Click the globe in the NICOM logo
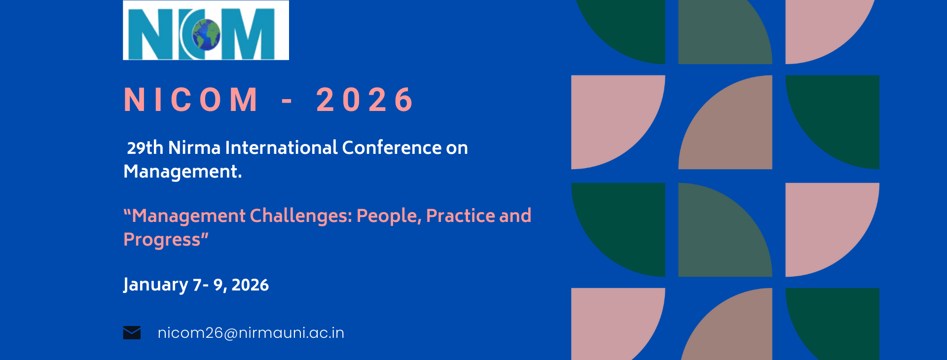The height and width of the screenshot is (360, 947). point(206,35)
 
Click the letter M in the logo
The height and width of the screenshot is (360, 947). point(248,34)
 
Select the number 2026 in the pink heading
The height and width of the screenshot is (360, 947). point(365,100)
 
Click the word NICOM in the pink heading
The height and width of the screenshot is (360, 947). point(191,100)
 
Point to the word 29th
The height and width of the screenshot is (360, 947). point(145,147)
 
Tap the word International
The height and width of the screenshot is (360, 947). point(282,147)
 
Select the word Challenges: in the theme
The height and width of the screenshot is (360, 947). point(301,216)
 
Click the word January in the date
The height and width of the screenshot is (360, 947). point(156,285)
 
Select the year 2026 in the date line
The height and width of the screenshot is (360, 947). point(250,285)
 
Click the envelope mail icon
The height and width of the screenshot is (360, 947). point(132,333)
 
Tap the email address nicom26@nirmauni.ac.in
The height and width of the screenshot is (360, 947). point(251,333)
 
